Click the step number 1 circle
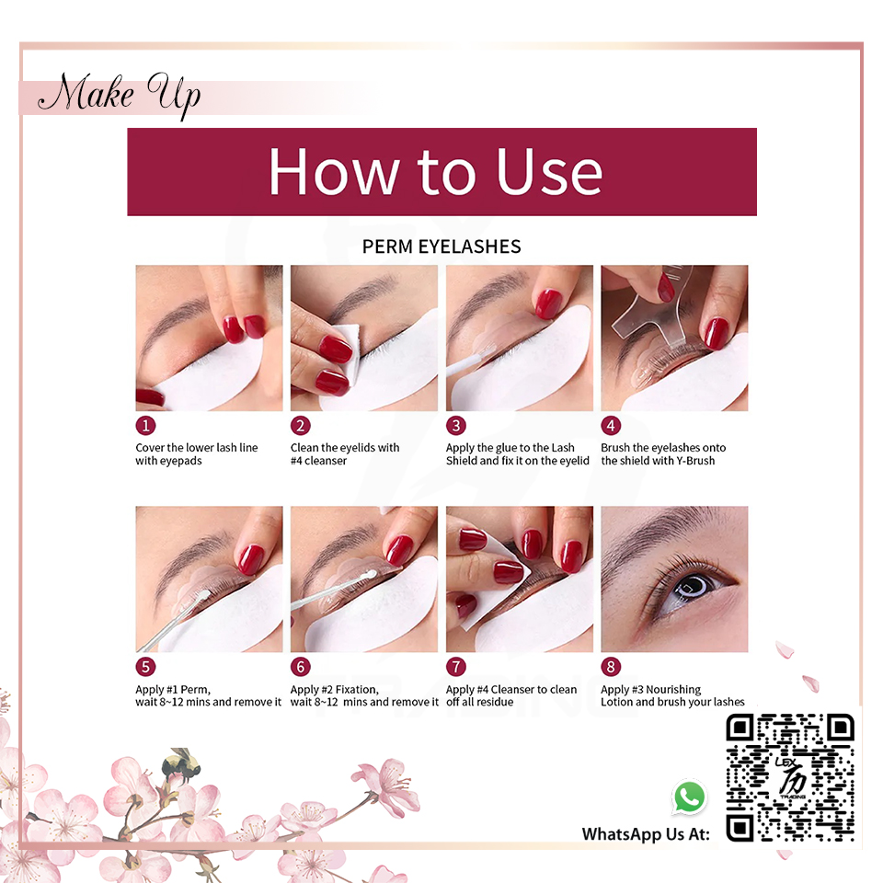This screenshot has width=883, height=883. [145, 426]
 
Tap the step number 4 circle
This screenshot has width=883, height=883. [611, 426]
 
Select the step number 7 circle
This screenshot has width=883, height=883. [456, 667]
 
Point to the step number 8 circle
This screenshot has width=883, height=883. [611, 667]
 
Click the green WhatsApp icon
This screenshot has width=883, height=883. [689, 797]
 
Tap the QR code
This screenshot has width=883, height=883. [790, 778]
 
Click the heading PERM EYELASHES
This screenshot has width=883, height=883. [441, 247]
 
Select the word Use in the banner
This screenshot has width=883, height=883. [549, 172]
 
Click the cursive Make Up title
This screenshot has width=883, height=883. [120, 94]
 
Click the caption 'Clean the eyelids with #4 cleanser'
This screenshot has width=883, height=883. [345, 453]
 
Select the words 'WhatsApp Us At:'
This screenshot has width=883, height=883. [646, 834]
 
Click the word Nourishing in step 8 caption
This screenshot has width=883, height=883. [673, 689]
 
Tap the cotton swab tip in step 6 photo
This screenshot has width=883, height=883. [371, 574]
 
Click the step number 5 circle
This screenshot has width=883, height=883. [145, 667]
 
